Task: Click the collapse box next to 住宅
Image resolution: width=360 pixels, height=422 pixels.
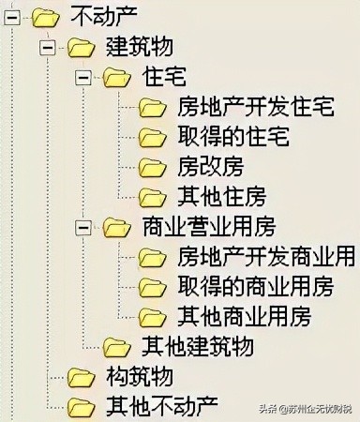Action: point(83,76)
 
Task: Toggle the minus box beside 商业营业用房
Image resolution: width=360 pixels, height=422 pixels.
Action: point(83,227)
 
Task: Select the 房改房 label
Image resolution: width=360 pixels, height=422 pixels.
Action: point(209,167)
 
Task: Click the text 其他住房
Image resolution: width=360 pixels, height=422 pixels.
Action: point(220,197)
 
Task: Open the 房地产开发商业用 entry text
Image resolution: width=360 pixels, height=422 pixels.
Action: point(265,257)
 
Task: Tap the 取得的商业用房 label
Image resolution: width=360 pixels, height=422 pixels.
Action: point(254,287)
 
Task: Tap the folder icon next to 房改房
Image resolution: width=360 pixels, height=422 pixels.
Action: point(153,167)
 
